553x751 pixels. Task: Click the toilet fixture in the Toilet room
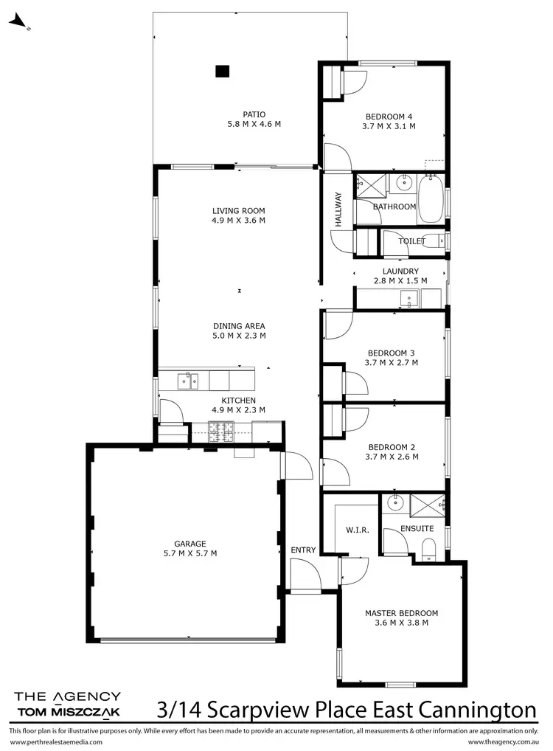[437, 240]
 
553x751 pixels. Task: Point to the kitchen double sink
[187, 381]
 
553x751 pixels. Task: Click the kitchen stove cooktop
[222, 432]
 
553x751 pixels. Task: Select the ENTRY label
[303, 550]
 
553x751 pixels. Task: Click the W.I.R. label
[357, 530]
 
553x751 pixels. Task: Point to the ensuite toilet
[428, 547]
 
